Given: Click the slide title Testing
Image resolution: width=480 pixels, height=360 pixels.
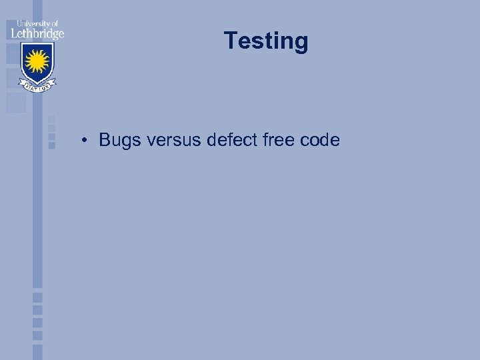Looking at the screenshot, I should tap(266, 41).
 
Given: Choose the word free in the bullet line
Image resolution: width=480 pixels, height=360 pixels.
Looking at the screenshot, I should tap(277, 140).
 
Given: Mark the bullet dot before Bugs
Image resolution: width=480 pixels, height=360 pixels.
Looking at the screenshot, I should tap(85, 141).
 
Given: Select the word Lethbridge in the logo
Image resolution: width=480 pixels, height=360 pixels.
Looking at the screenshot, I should tap(37, 33).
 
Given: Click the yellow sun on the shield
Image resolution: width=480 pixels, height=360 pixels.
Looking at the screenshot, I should tap(37, 62).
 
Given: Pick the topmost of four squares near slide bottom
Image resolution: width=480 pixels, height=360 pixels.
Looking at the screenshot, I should tap(37, 297).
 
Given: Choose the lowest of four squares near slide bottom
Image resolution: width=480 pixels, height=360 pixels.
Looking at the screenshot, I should tap(37, 336).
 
